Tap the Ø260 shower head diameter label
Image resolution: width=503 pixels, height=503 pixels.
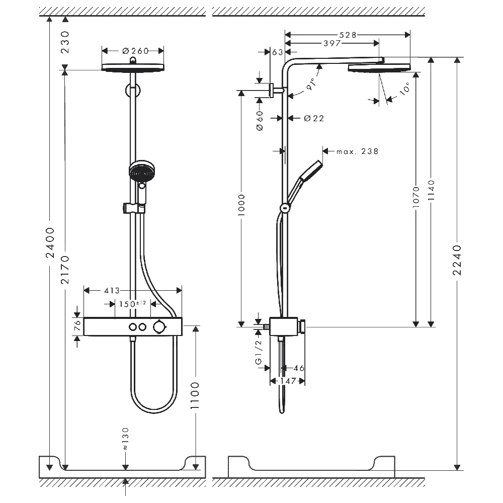coord(133,50)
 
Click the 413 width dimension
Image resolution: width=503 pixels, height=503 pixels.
coord(112,290)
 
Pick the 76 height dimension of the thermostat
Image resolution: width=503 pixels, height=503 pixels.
coord(77,326)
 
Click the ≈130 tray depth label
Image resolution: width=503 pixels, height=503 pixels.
coord(126,438)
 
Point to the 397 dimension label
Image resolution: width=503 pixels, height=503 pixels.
coord(332,44)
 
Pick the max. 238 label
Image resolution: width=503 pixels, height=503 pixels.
coord(357,151)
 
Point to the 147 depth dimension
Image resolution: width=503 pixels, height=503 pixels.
coord(287,382)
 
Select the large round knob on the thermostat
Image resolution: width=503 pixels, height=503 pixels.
coord(160,327)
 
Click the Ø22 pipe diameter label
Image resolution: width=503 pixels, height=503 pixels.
coord(314,118)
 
